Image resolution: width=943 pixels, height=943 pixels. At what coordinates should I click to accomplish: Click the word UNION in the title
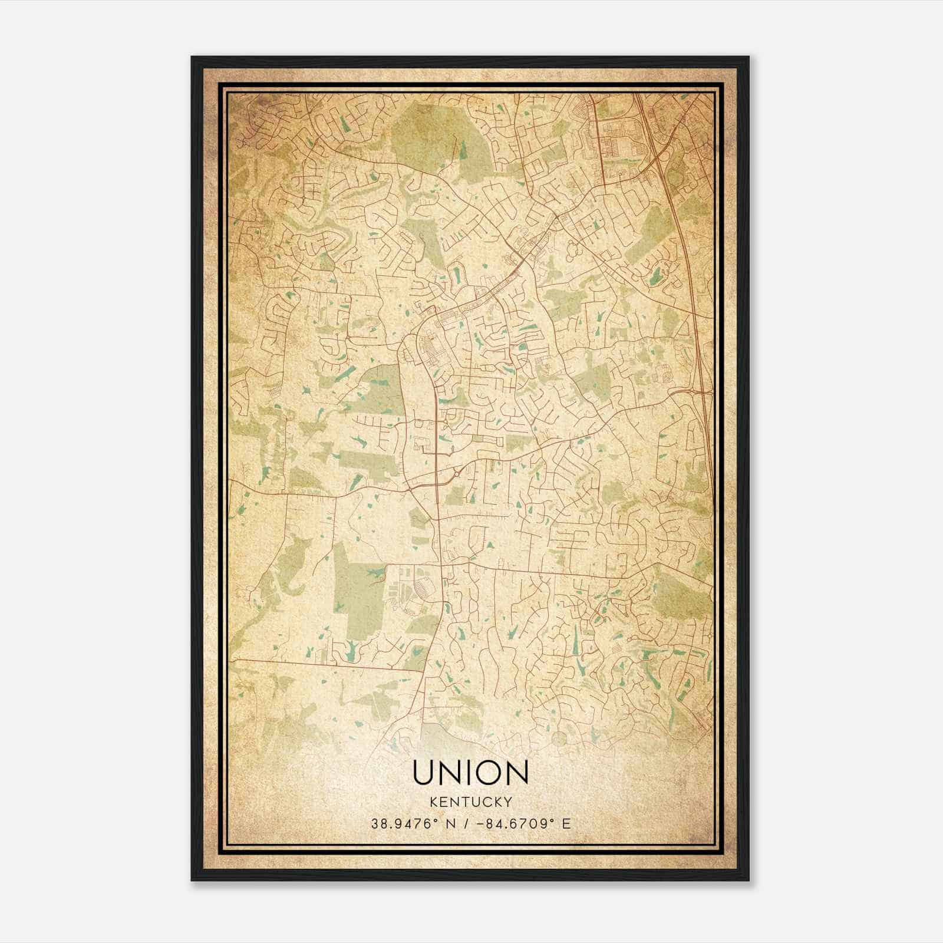click(x=470, y=772)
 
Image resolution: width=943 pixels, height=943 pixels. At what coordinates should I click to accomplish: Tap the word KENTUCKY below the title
click(x=471, y=802)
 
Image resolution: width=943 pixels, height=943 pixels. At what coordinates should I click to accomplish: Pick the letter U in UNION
click(x=424, y=772)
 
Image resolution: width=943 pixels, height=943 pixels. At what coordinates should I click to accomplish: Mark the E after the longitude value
click(x=566, y=824)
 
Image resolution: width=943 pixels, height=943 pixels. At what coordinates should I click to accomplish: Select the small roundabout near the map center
click(x=456, y=473)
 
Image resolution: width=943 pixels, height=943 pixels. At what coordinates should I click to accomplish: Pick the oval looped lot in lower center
click(x=423, y=586)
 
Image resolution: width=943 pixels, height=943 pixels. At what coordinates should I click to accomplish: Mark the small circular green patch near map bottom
click(x=559, y=737)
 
